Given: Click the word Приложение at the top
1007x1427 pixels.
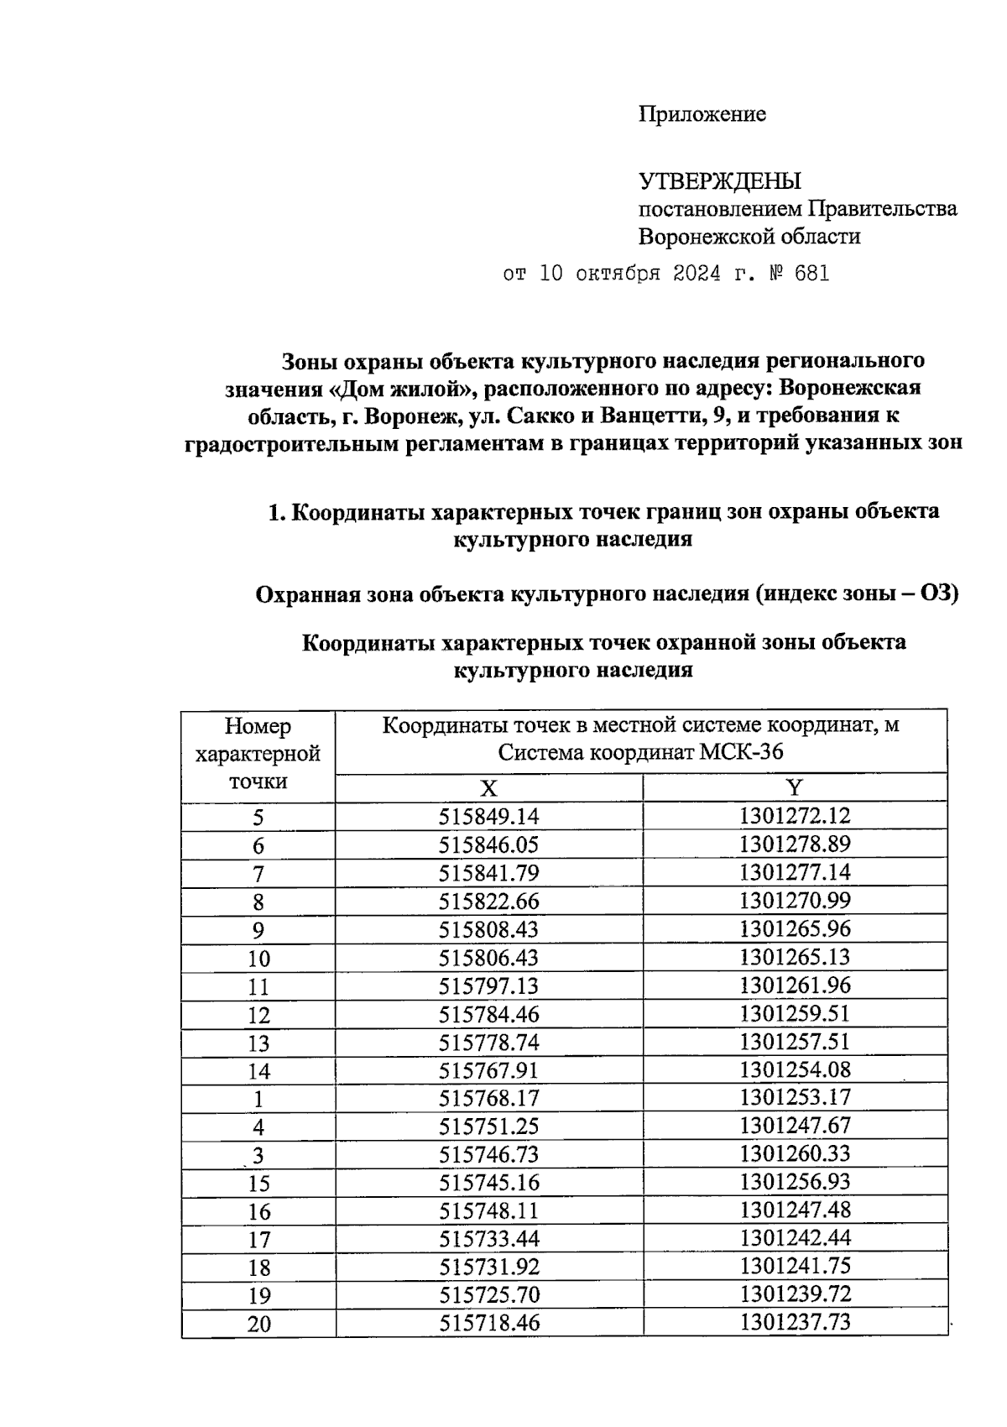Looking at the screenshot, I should click(702, 114).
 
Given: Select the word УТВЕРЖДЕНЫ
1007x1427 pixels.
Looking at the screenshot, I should click(719, 181).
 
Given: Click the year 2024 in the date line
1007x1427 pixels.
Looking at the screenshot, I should click(697, 274).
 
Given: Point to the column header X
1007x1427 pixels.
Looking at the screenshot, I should click(488, 788).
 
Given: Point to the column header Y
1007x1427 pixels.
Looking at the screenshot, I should click(794, 788).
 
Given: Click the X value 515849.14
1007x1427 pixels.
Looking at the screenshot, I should click(488, 817).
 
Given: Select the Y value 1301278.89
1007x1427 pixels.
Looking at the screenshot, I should click(794, 844).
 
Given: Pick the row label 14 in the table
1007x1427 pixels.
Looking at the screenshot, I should click(258, 1071).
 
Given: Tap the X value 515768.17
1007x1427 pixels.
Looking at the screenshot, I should click(488, 1099).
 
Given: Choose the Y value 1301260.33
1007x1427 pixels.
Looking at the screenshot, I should click(794, 1154).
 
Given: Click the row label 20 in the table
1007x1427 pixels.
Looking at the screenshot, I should click(258, 1325).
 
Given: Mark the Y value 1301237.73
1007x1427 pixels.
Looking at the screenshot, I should click(794, 1324).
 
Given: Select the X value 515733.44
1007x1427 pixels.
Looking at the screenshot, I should click(488, 1240).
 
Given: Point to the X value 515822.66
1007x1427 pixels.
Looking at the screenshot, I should click(488, 902).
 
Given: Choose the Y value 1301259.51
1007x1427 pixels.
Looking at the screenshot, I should click(794, 1014).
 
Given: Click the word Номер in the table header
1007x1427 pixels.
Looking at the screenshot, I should click(258, 726).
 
